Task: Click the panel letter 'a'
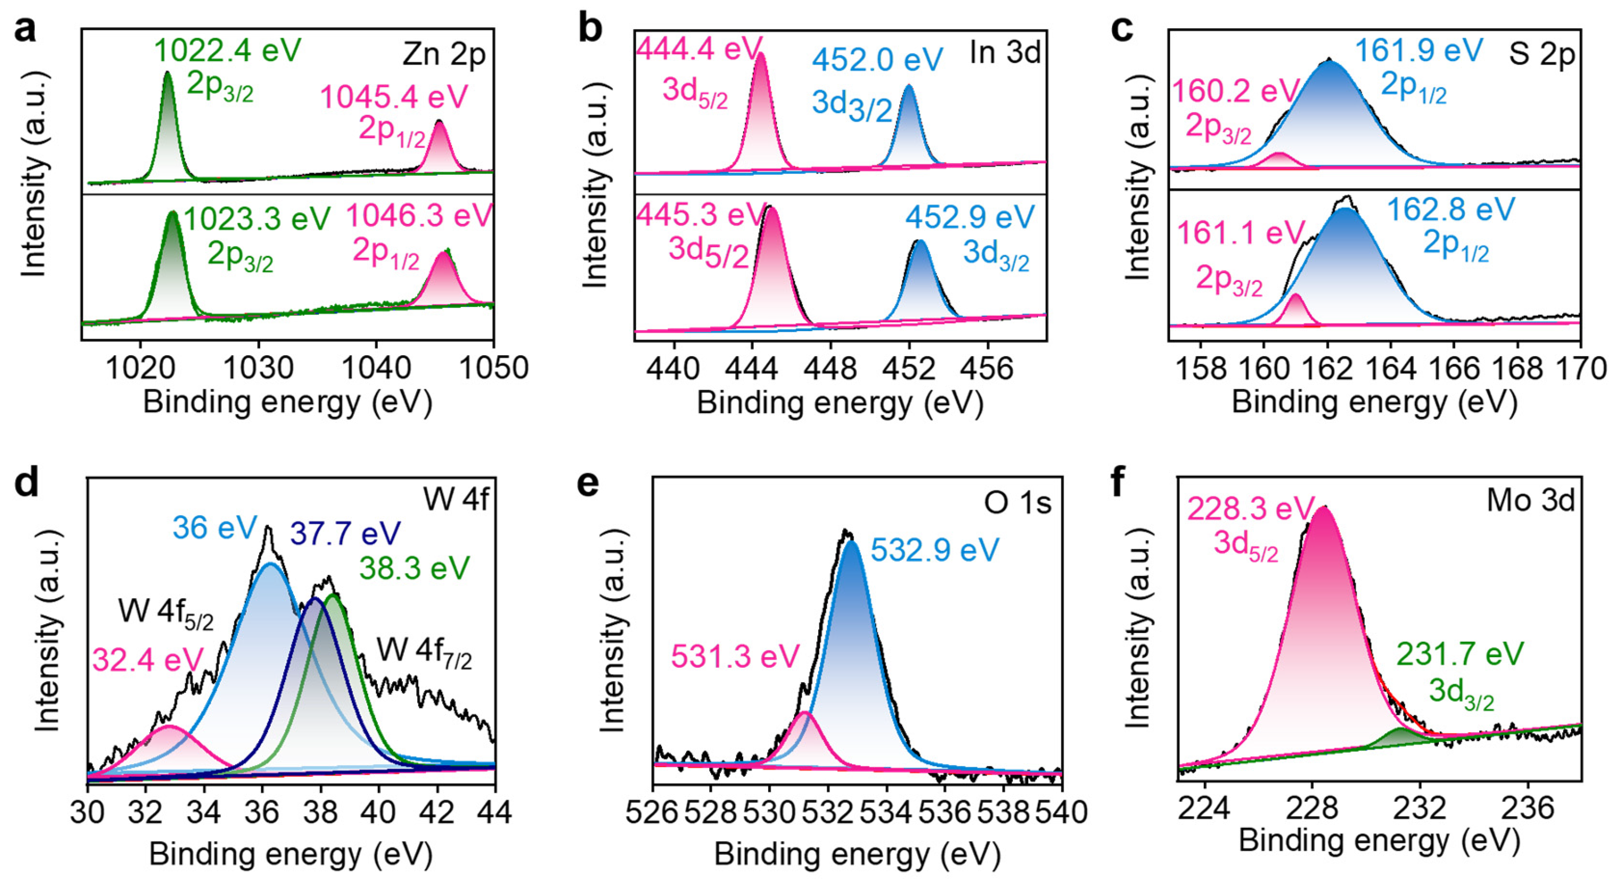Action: (x=25, y=30)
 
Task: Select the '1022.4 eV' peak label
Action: (x=228, y=50)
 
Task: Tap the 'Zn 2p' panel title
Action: (x=444, y=55)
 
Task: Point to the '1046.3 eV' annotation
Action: (x=419, y=216)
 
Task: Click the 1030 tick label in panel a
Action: (x=258, y=368)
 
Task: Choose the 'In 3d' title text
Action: (x=1005, y=53)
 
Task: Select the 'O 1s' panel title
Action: (x=1017, y=503)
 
